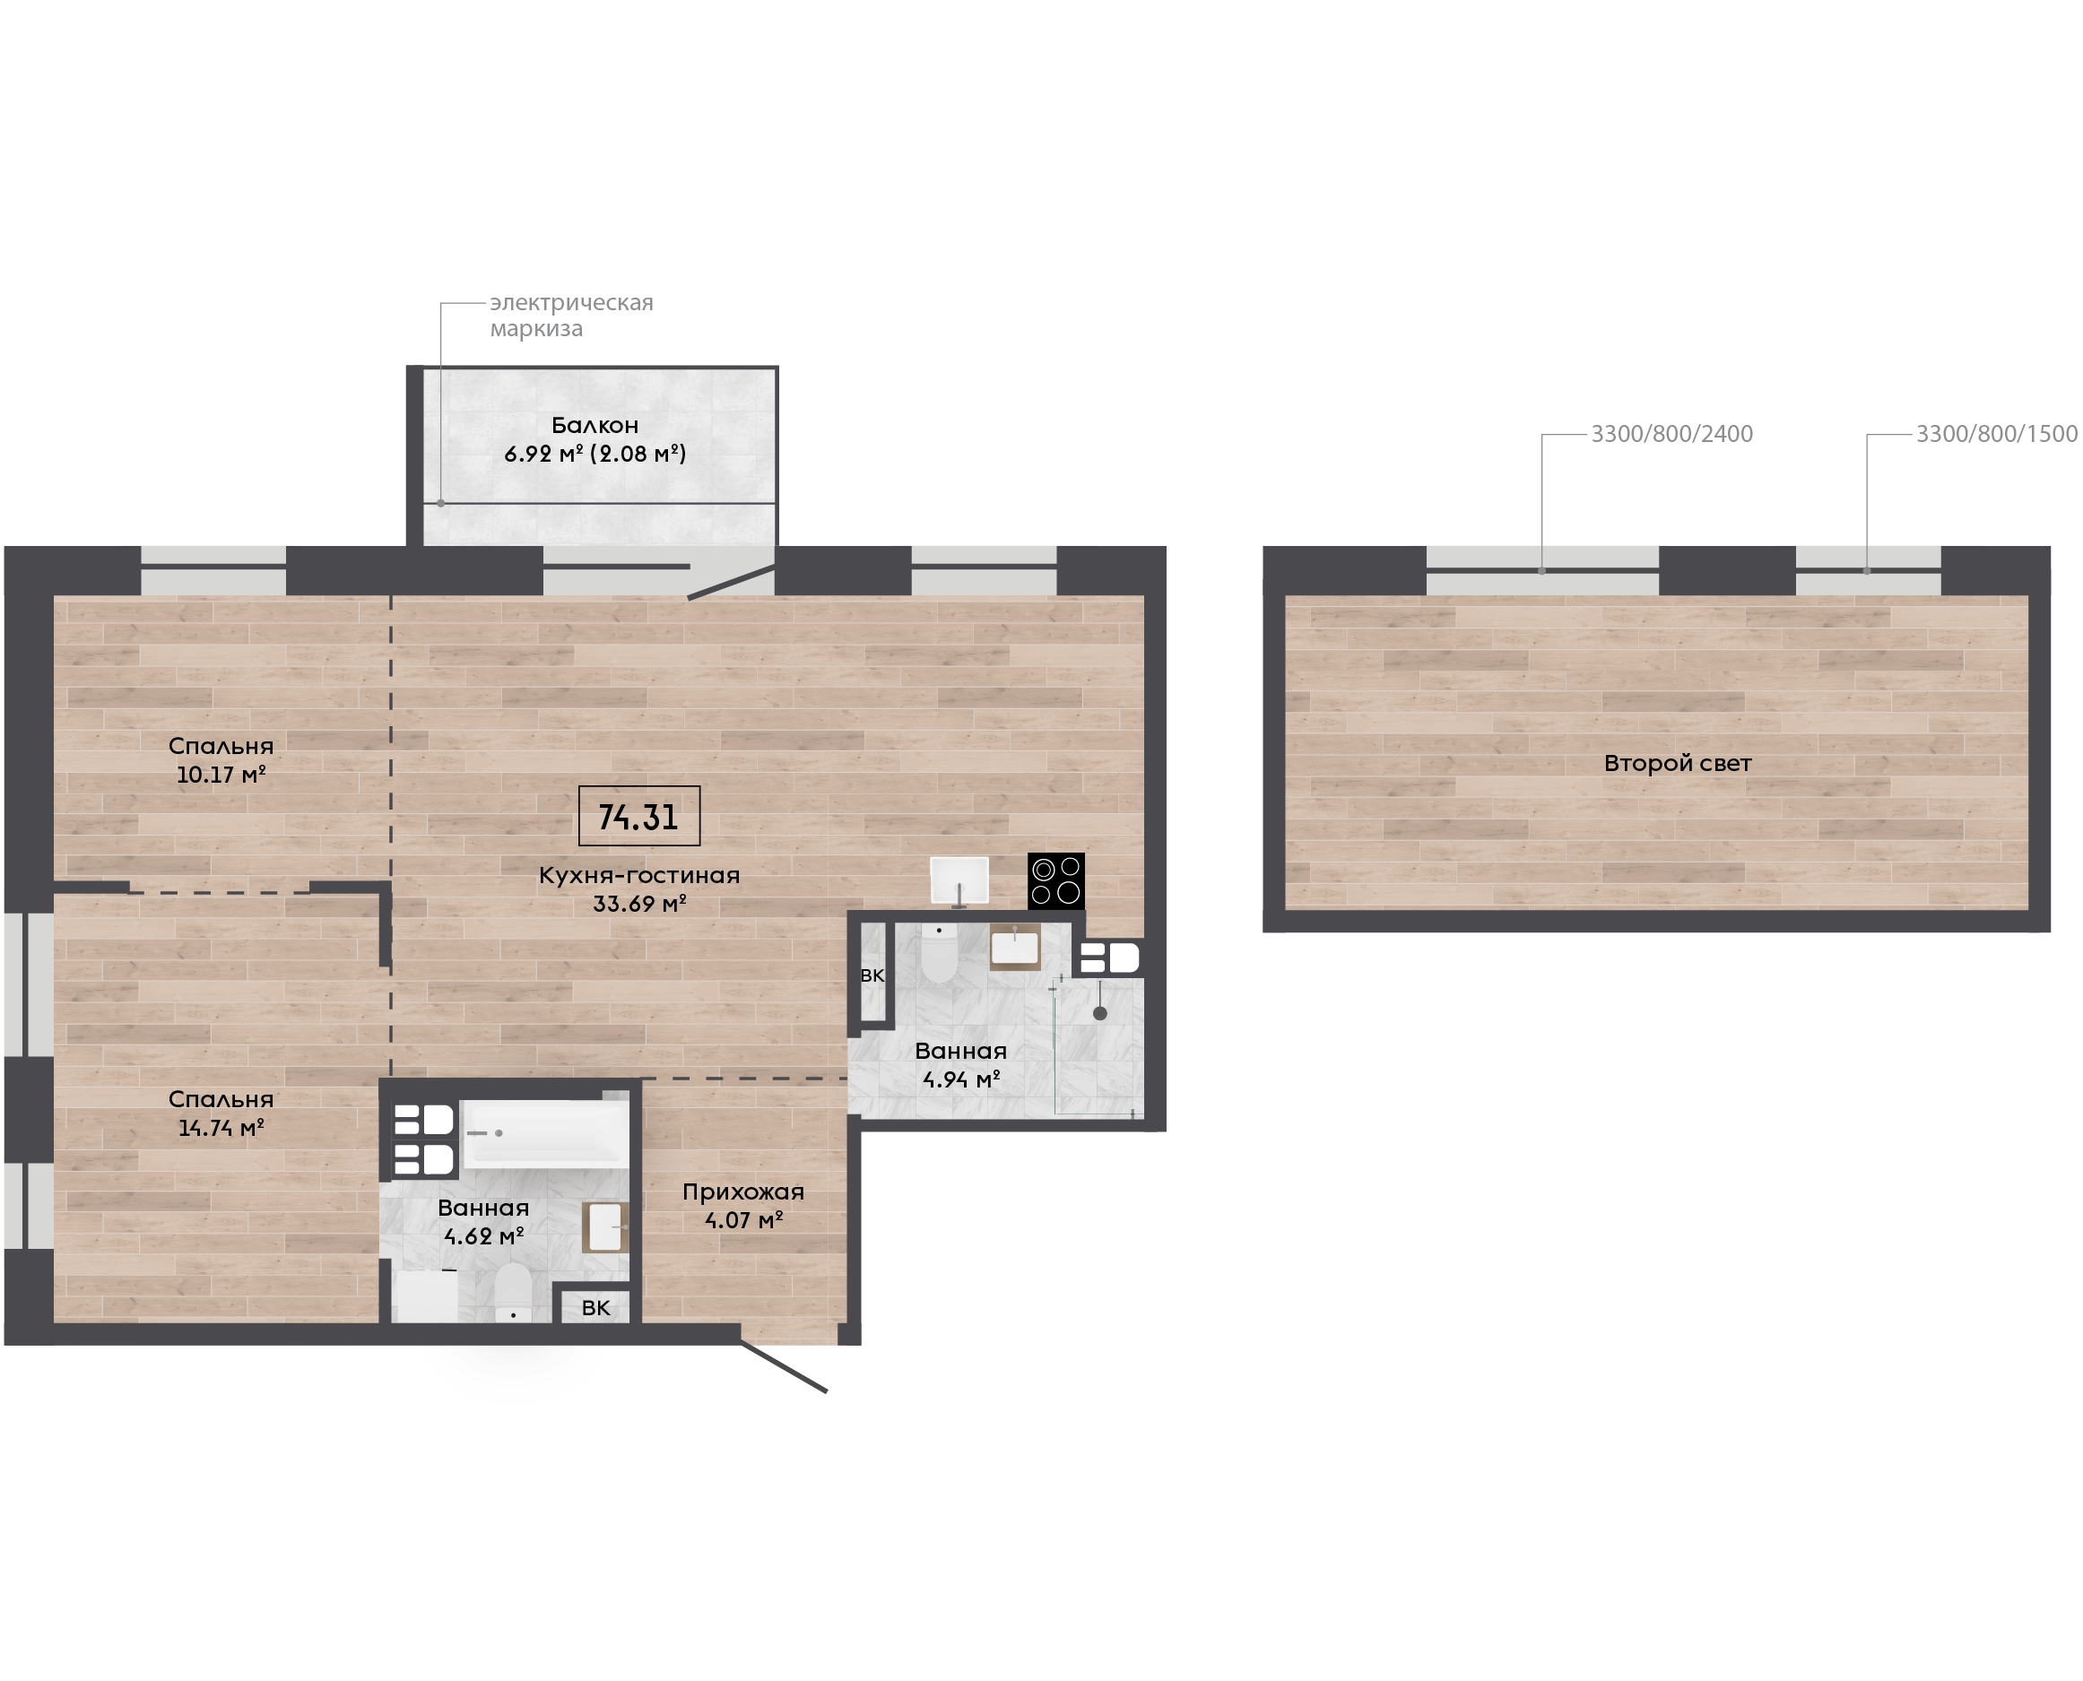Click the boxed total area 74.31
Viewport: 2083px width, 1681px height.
(x=638, y=816)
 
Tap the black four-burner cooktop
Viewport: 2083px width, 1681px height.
(x=1055, y=881)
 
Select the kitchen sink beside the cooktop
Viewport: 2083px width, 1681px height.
(x=959, y=880)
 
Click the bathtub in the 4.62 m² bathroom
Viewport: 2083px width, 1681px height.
(x=545, y=1133)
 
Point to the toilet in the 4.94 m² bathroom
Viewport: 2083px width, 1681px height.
(x=938, y=953)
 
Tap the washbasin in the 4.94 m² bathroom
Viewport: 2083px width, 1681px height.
(x=1015, y=947)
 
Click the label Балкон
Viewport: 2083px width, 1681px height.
(x=595, y=425)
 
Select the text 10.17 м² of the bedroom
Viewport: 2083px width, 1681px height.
(x=221, y=775)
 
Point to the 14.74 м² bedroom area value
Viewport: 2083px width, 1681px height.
(x=221, y=1128)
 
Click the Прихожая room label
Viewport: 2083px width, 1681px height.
(x=742, y=1192)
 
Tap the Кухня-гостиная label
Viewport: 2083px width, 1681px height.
(x=639, y=875)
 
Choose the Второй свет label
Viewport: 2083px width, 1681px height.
(x=1677, y=763)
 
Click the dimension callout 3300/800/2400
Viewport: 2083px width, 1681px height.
(x=1671, y=434)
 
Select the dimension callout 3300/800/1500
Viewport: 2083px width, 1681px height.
(x=1997, y=434)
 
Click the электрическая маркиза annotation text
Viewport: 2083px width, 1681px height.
(x=571, y=316)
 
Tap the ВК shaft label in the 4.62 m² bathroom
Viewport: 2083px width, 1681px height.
(x=595, y=1308)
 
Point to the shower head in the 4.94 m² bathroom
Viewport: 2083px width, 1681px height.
(x=1100, y=1014)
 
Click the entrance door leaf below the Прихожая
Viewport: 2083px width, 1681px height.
(x=784, y=1366)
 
